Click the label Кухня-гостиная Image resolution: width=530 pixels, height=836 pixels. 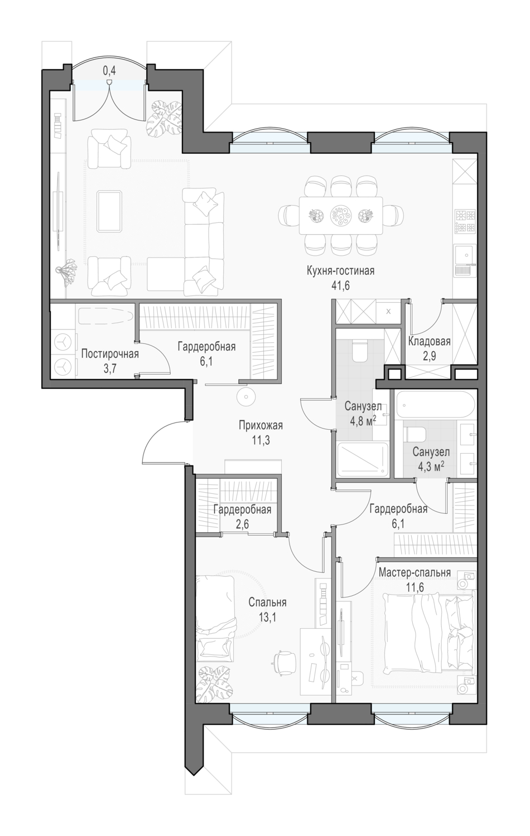340,271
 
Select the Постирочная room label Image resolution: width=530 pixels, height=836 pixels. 110,354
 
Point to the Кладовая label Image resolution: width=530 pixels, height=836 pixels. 429,341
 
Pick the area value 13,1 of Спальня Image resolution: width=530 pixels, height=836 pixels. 267,618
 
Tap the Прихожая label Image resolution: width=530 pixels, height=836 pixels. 261,425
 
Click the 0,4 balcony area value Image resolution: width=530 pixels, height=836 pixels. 109,71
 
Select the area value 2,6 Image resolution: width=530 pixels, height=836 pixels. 242,524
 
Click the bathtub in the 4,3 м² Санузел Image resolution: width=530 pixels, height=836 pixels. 436,404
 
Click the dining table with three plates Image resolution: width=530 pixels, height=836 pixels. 341,215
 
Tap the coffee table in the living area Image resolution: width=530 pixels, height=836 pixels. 110,211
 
